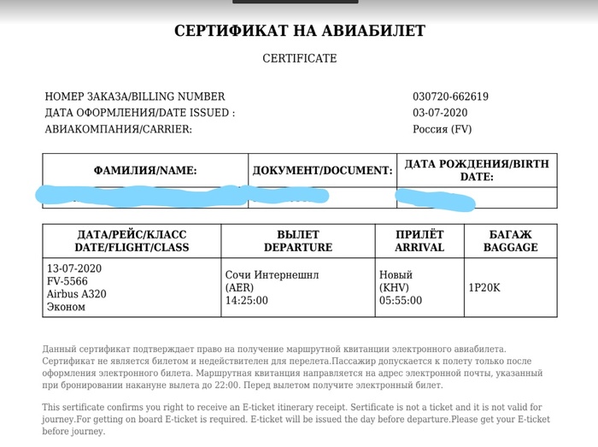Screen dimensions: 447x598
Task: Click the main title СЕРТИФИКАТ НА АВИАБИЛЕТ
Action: [x=299, y=32]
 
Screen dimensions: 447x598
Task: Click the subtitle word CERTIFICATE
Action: [x=299, y=59]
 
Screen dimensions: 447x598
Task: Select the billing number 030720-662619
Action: [x=450, y=97]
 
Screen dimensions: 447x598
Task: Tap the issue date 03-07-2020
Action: [x=440, y=113]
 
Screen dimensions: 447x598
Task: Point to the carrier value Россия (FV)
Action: [x=442, y=129]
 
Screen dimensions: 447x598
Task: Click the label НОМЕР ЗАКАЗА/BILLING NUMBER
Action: [x=135, y=97]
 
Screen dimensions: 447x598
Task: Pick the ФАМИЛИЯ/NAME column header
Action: [x=145, y=171]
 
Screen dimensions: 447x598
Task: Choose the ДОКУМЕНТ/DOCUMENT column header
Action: [x=322, y=171]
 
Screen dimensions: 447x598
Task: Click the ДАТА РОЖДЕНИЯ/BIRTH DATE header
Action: [x=477, y=170]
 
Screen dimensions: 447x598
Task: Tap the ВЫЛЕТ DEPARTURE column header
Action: [x=297, y=241]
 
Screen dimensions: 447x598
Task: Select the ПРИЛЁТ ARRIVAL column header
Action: [x=419, y=241]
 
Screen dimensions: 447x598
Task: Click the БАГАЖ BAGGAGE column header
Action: [x=510, y=241]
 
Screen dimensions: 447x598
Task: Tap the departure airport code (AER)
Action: [x=239, y=288]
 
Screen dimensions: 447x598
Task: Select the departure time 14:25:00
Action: [x=246, y=301]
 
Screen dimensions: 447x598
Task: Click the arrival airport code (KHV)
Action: [x=394, y=288]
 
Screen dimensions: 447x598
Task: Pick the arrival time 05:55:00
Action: [x=401, y=301]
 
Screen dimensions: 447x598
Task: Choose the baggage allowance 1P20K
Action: [x=484, y=287]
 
